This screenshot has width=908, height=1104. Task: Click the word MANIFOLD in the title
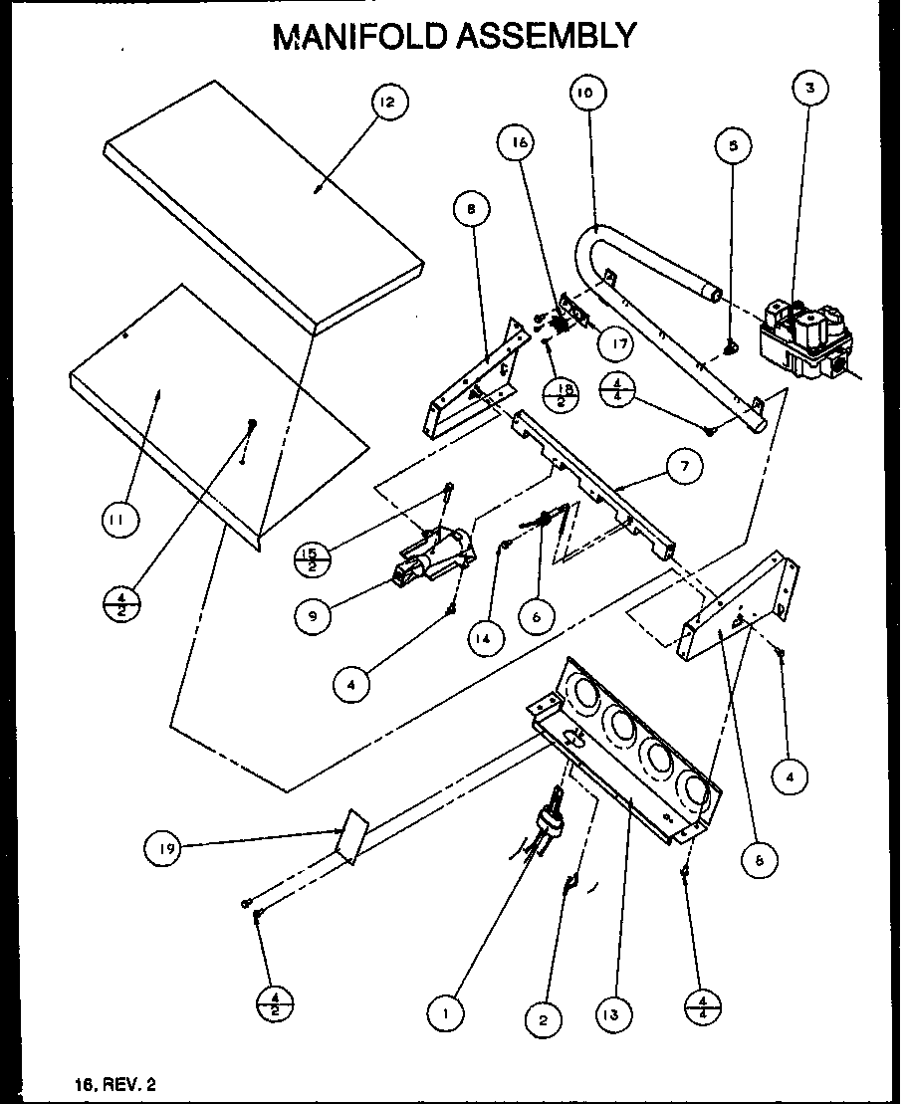[361, 36]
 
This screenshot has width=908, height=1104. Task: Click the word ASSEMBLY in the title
[547, 36]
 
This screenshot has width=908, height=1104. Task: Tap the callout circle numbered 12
[390, 103]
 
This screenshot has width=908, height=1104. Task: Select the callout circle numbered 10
[586, 93]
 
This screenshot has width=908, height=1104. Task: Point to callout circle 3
[810, 88]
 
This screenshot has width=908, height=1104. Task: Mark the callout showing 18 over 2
[563, 392]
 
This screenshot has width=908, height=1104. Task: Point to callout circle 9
[314, 616]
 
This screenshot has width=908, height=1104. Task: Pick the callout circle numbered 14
[482, 640]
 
